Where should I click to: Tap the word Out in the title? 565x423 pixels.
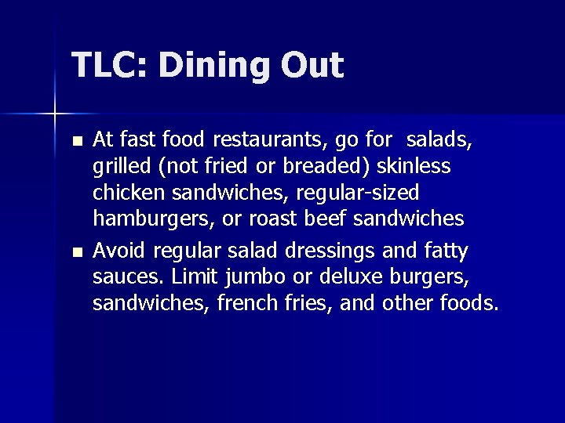[x=314, y=66]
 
